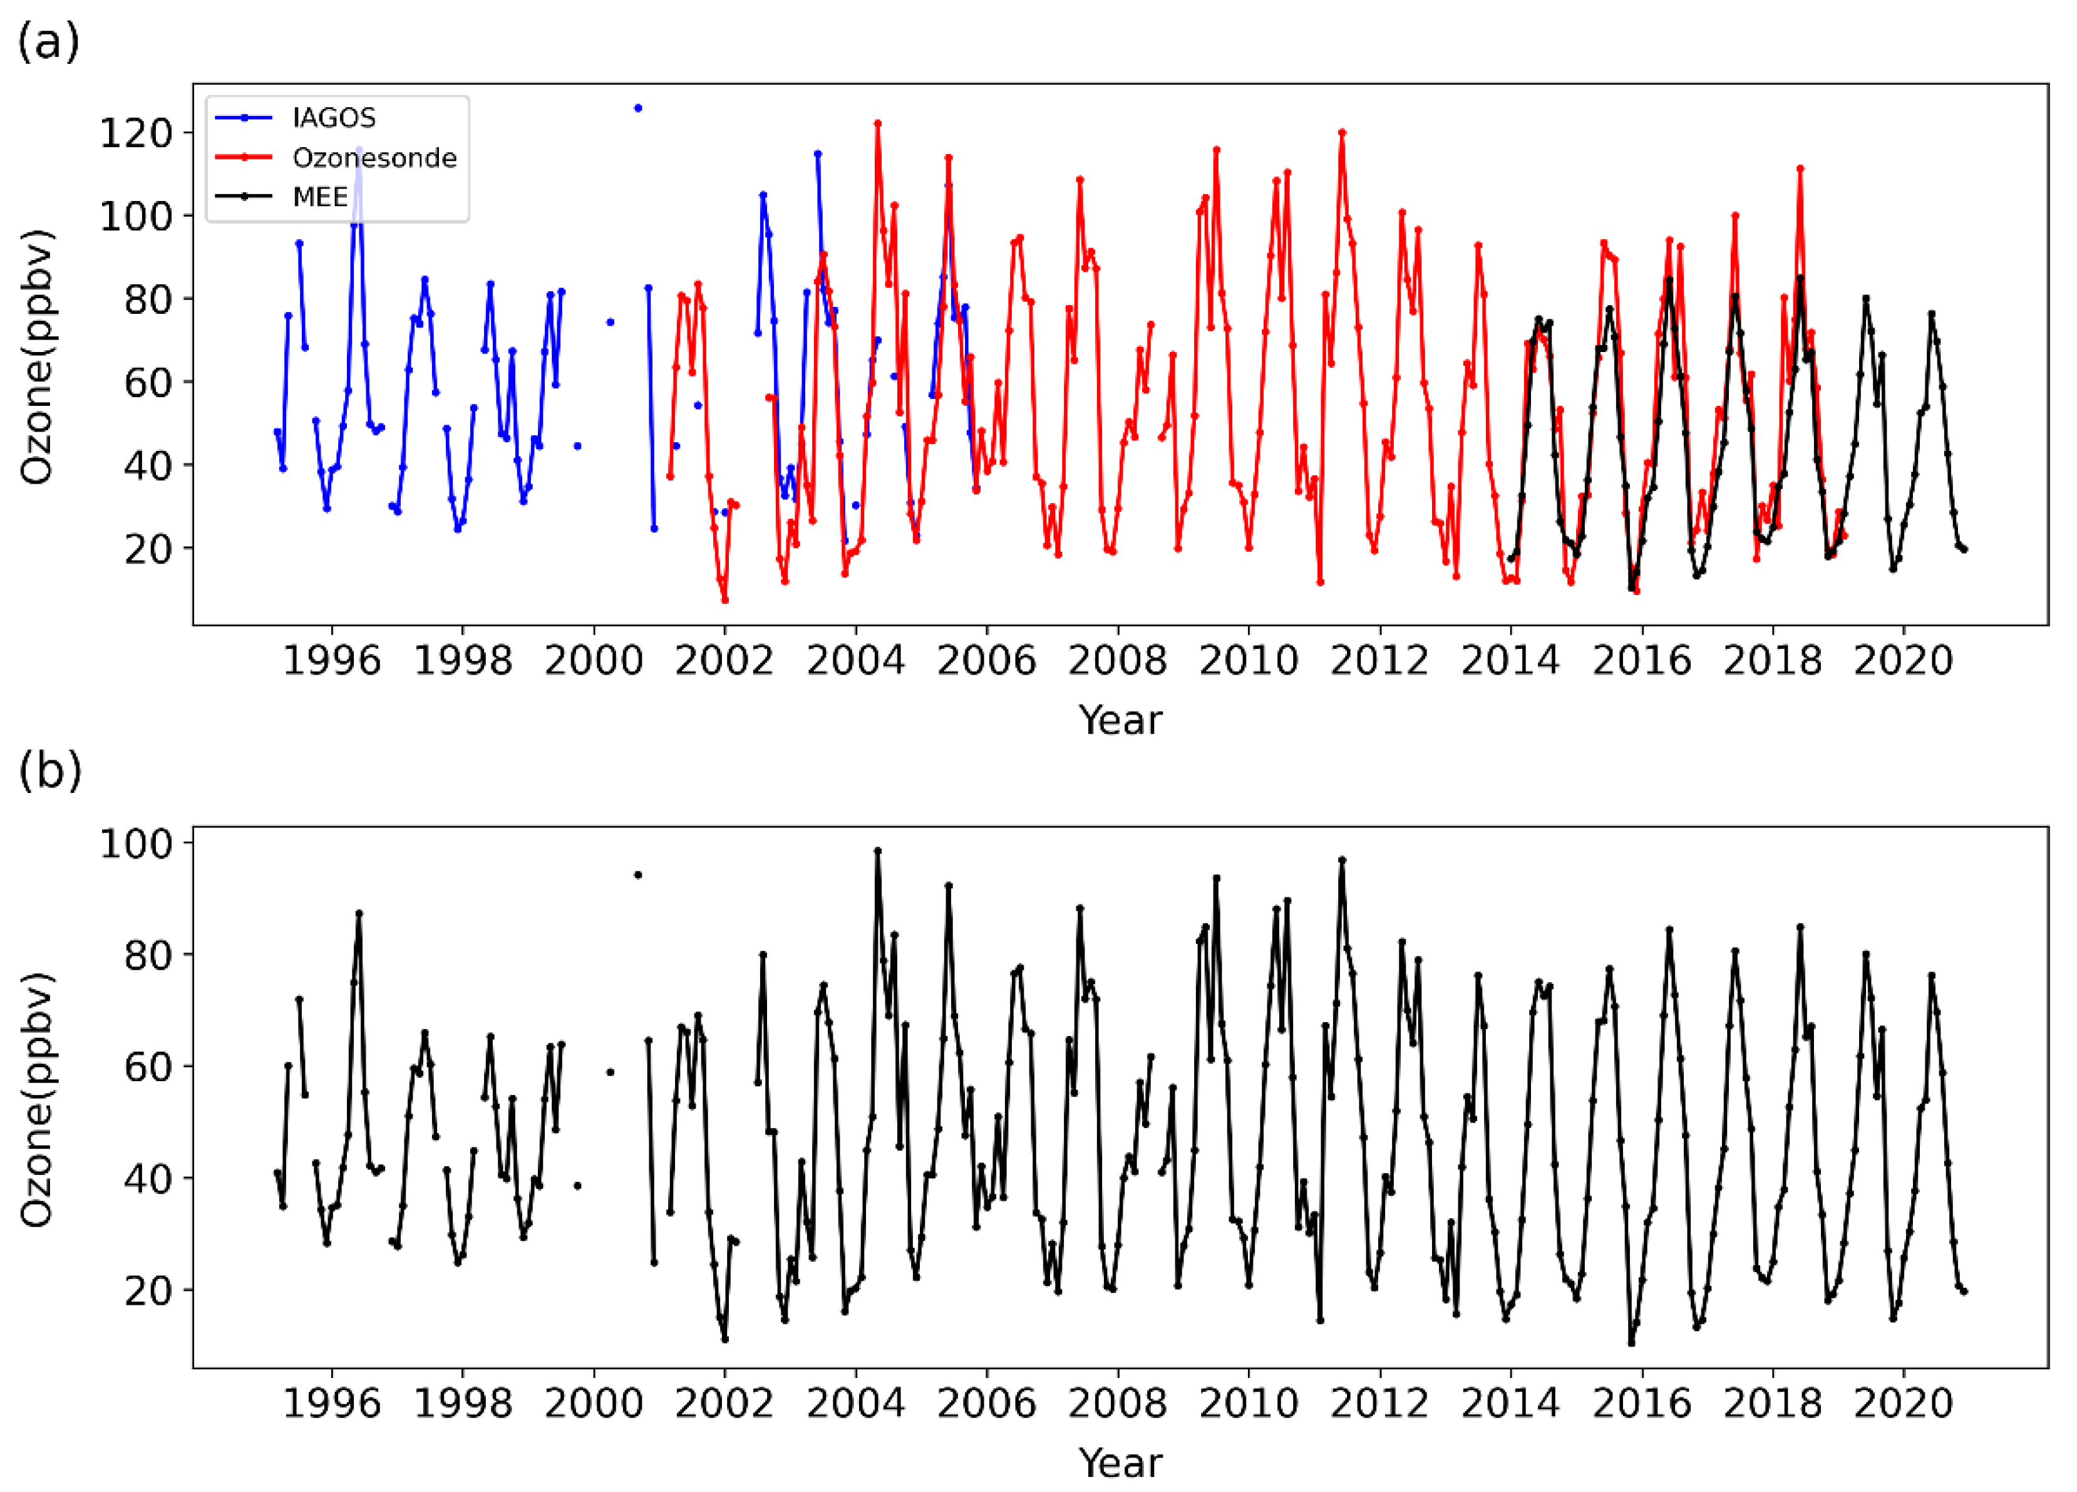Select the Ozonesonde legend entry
[374, 158]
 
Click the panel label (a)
[49, 42]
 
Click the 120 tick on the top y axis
[135, 133]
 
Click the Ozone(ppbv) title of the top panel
[38, 356]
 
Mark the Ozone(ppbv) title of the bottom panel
[38, 1099]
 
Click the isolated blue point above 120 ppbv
[638, 108]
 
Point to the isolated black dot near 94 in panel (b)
[638, 874]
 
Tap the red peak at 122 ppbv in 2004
[877, 123]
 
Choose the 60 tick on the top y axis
[147, 383]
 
